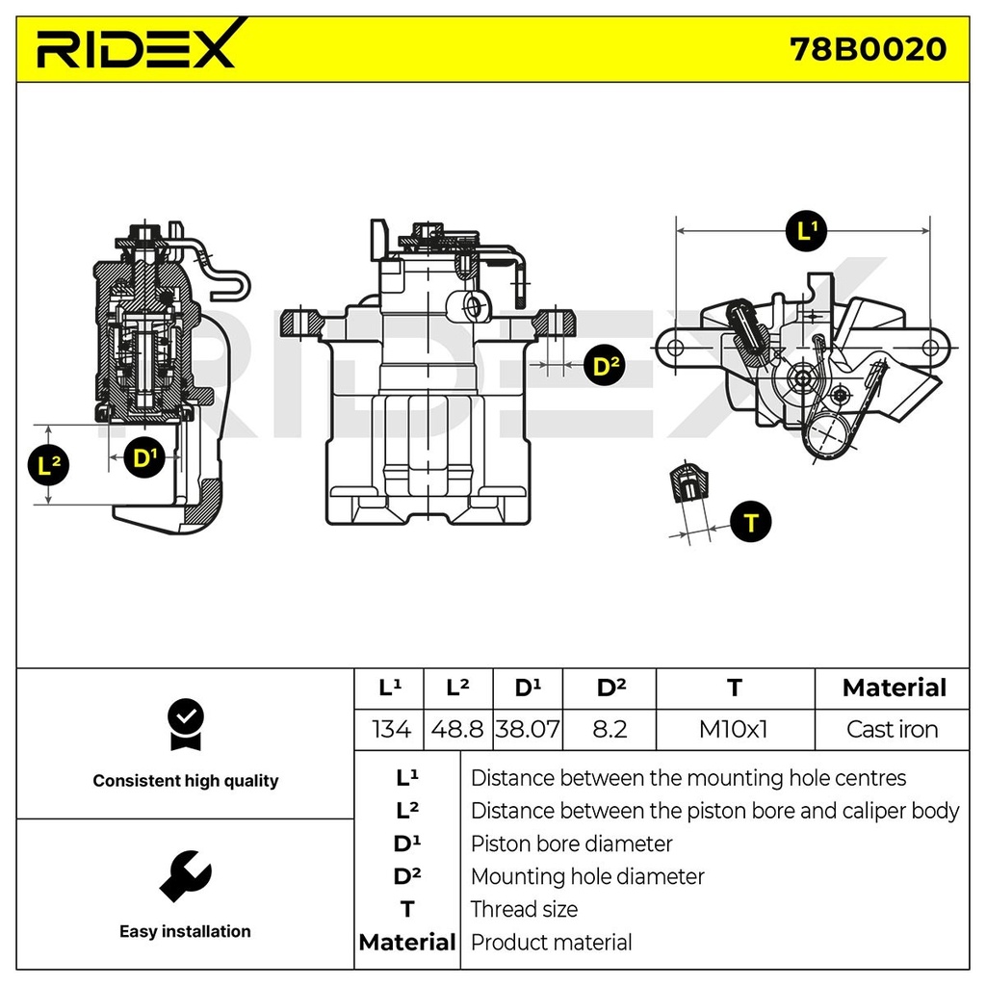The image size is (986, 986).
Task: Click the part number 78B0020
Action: click(867, 48)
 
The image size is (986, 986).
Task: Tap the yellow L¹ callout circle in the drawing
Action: click(806, 231)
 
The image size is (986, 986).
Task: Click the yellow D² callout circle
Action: click(605, 365)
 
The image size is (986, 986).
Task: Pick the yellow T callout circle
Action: click(751, 522)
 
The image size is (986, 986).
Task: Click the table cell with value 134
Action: click(390, 729)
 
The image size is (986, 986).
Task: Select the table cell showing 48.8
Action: click(457, 729)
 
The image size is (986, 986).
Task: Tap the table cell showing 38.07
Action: click(527, 729)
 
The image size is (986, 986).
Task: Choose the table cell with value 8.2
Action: click(609, 729)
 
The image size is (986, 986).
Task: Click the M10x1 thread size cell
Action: click(734, 729)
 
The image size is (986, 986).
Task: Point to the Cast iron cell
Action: click(892, 729)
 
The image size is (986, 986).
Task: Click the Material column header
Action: click(894, 688)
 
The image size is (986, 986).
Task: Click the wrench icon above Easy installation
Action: click(185, 875)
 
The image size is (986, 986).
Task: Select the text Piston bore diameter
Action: click(571, 843)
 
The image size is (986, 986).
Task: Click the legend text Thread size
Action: click(524, 909)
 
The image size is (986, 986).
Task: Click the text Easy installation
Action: click(185, 931)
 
